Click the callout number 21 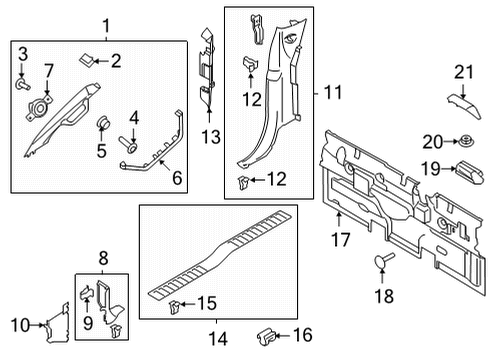click(x=462, y=70)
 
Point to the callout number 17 click(x=341, y=239)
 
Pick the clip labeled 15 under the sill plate click(x=175, y=302)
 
